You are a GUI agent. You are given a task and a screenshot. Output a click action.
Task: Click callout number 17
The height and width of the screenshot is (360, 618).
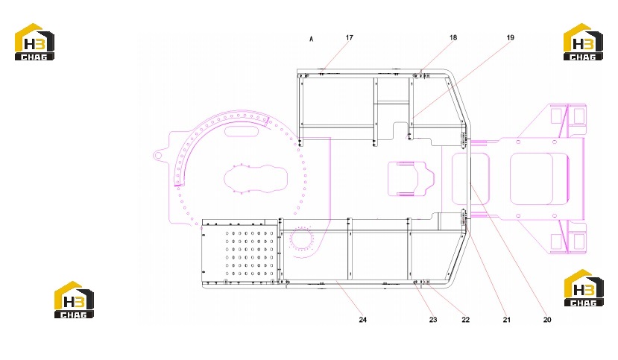point(349,38)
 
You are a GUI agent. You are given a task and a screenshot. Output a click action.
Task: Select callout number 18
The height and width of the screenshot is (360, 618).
point(453,38)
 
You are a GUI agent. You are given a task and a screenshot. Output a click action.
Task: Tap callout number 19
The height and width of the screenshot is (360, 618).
point(510,38)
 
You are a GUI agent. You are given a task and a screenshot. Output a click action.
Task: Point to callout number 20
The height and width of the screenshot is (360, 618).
point(547,320)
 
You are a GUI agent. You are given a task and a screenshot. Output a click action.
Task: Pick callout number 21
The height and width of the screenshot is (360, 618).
point(506,320)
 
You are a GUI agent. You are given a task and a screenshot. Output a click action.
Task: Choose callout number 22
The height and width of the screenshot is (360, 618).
point(465,320)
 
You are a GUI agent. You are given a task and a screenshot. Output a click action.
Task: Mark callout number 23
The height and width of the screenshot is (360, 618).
point(433,320)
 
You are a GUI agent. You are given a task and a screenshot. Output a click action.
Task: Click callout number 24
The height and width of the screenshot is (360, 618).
point(362,320)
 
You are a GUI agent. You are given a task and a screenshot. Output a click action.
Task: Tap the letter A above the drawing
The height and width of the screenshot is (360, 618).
point(312,39)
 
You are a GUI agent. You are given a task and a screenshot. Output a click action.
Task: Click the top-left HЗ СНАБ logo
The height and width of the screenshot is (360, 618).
point(34,42)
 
